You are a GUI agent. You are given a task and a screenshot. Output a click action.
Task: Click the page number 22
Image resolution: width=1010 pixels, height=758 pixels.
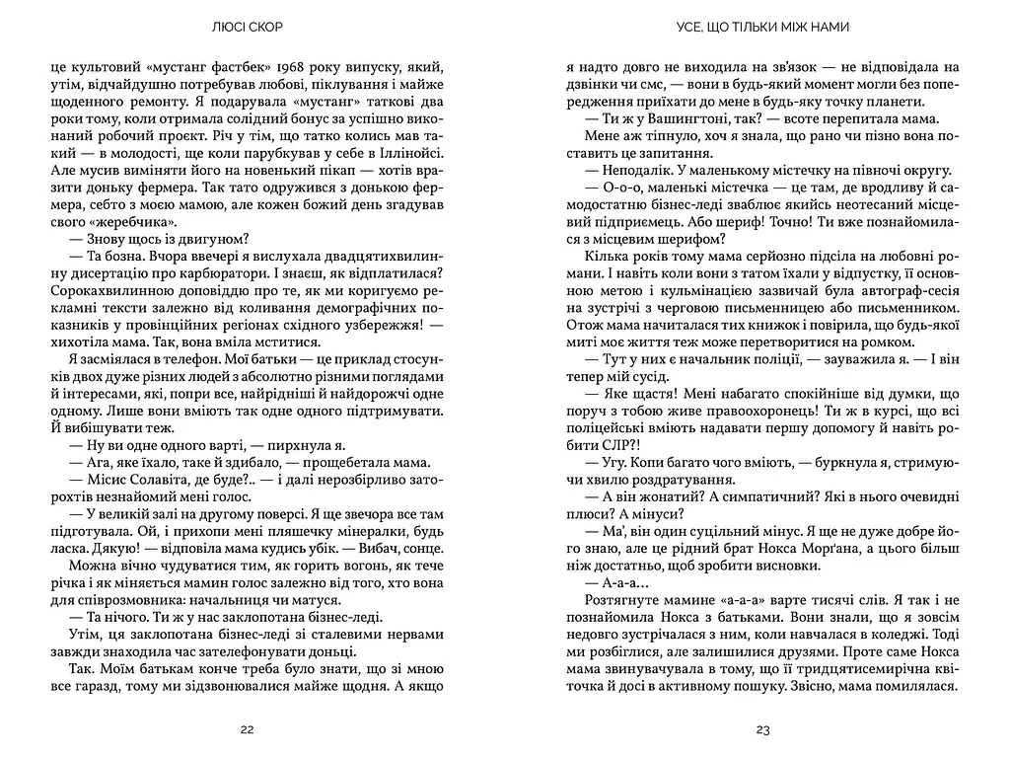(247, 730)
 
